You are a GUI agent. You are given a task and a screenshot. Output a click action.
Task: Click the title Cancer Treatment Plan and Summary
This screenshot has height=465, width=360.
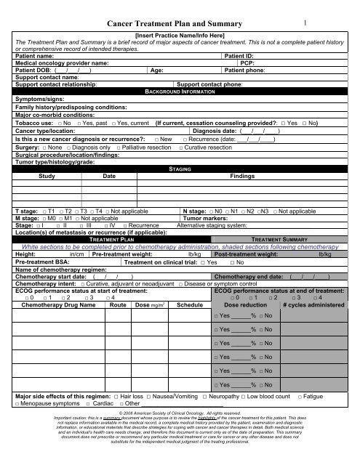pyautogui.click(x=180, y=25)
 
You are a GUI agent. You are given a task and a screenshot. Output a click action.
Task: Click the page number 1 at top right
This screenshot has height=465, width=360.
pyautogui.click(x=308, y=24)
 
